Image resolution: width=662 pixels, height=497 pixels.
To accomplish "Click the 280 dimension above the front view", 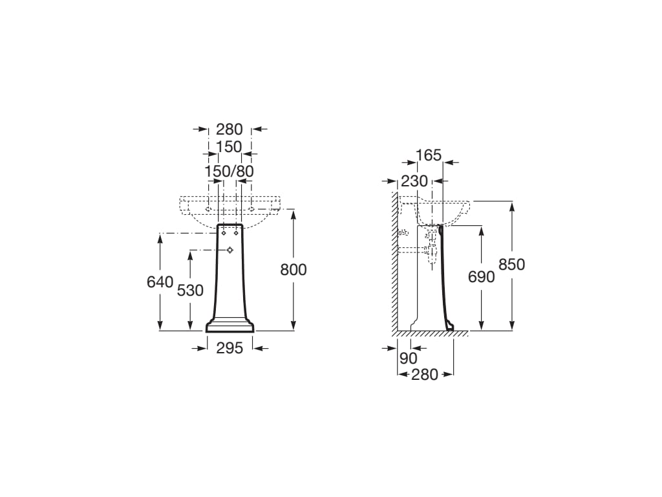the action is (230, 129).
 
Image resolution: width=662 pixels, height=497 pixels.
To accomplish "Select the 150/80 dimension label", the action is (230, 171).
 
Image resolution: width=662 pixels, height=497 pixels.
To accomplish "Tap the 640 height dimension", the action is (160, 282).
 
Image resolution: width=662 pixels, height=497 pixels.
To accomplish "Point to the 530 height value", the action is (190, 291).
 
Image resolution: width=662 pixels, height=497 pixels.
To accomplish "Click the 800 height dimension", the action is (294, 270).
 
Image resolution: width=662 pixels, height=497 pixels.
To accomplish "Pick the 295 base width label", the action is (230, 348).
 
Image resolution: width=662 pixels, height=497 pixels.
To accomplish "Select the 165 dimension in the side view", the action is (429, 155).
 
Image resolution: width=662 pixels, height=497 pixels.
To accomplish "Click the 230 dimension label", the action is (414, 181).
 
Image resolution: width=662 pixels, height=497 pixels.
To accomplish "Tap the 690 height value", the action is (481, 277).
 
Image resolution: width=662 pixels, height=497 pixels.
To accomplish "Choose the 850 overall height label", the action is (512, 265).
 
